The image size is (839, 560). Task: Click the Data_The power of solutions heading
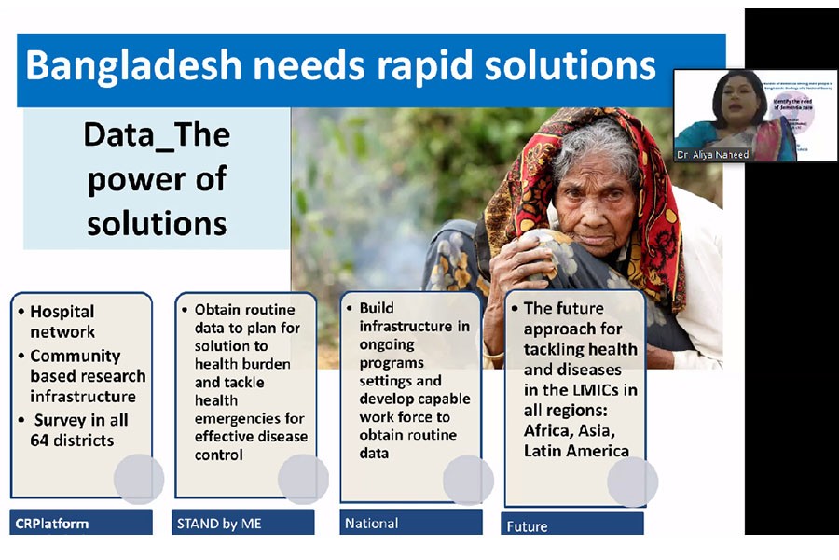pos(157,179)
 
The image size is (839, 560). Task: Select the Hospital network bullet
pos(62,321)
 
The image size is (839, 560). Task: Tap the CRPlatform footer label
pos(52,524)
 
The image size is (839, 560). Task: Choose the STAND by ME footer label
pos(221,524)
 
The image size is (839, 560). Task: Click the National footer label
pos(371,524)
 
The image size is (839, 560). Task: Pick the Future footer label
pos(527,526)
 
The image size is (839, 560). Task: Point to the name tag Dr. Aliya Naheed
pos(714,155)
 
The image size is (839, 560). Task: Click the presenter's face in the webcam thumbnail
pos(736,97)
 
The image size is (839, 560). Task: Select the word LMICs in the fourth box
pos(606,389)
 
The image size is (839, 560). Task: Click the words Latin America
pos(576,451)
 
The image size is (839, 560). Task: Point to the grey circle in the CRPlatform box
pos(139,479)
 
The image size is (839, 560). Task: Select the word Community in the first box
pos(76,356)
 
